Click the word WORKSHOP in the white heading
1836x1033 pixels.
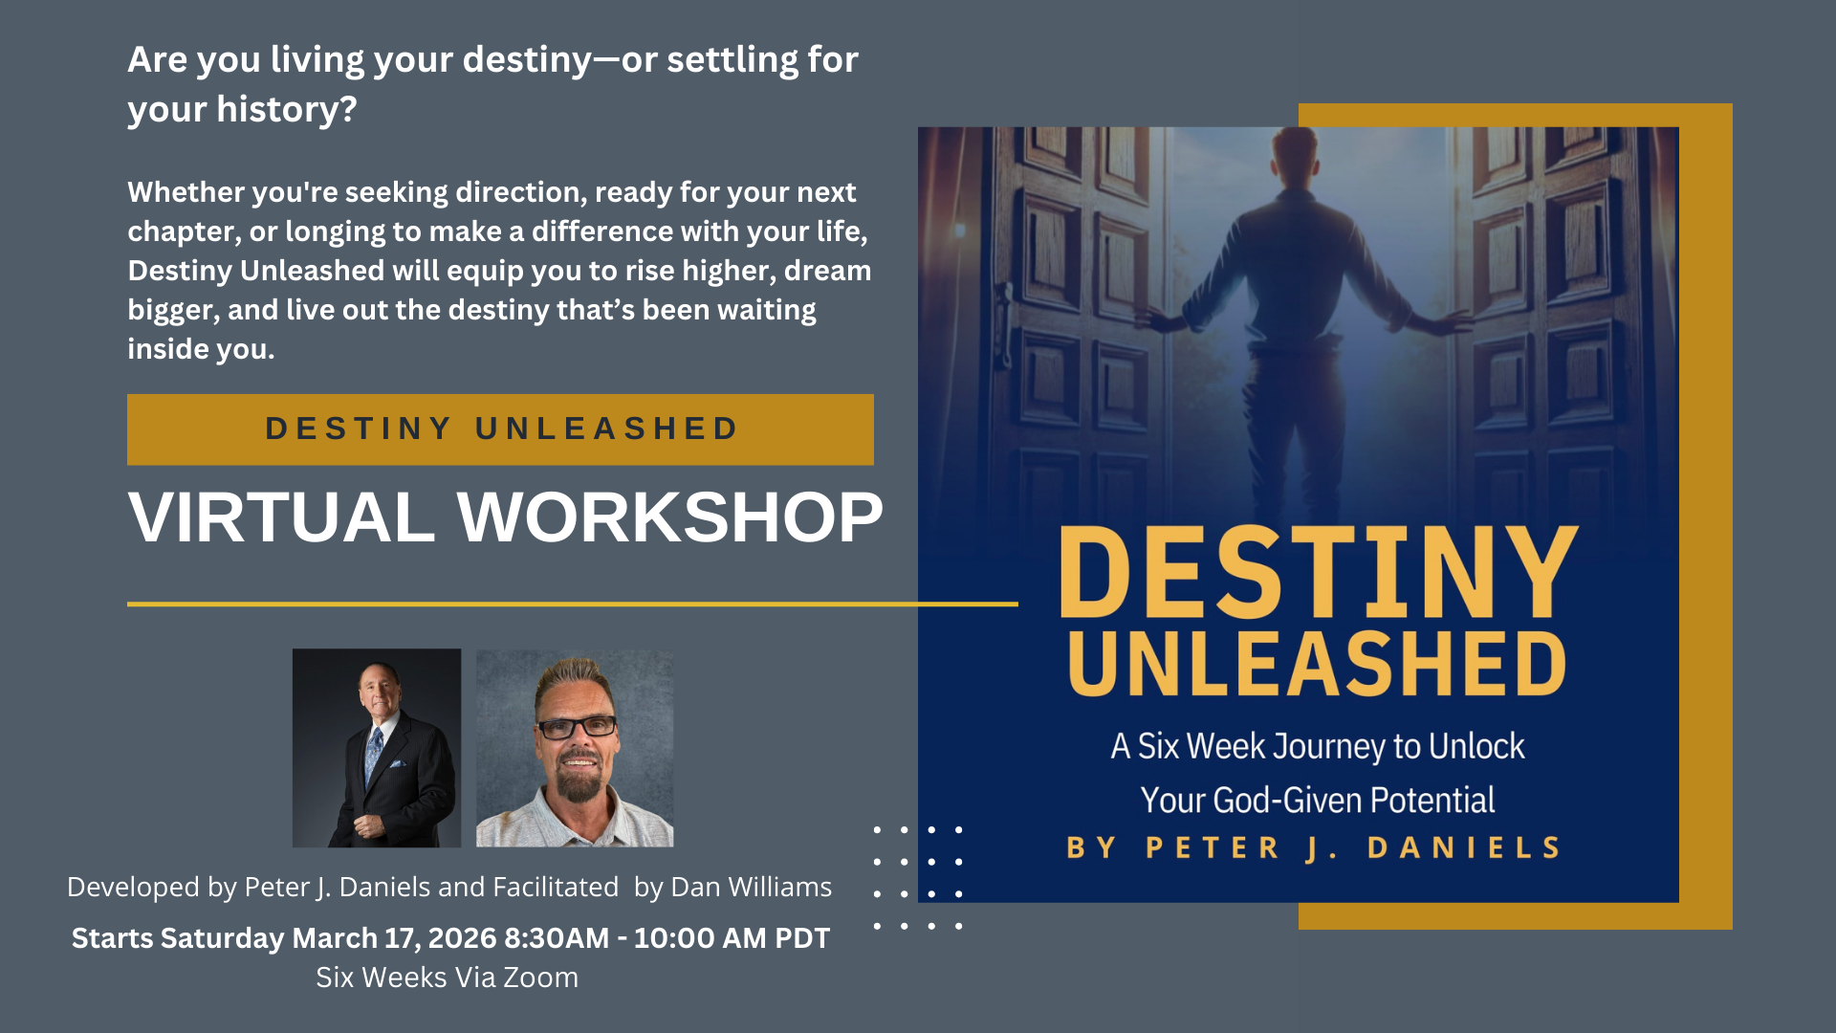pyautogui.click(x=669, y=517)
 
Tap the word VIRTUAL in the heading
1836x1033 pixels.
pyautogui.click(x=281, y=517)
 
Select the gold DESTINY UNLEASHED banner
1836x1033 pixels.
pyautogui.click(x=500, y=429)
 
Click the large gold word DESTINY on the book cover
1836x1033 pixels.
pyautogui.click(x=1319, y=572)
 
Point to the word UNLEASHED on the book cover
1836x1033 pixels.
pyautogui.click(x=1317, y=663)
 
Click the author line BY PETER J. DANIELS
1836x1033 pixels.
pyautogui.click(x=1314, y=847)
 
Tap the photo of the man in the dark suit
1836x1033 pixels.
pyautogui.click(x=377, y=748)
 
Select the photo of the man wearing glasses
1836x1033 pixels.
pyautogui.click(x=575, y=748)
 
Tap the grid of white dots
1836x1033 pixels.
pyautogui.click(x=918, y=878)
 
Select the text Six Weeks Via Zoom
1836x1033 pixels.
pyautogui.click(x=447, y=978)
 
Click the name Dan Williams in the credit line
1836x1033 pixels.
pyautogui.click(x=752, y=887)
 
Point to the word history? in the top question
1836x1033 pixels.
pyautogui.click(x=287, y=110)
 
